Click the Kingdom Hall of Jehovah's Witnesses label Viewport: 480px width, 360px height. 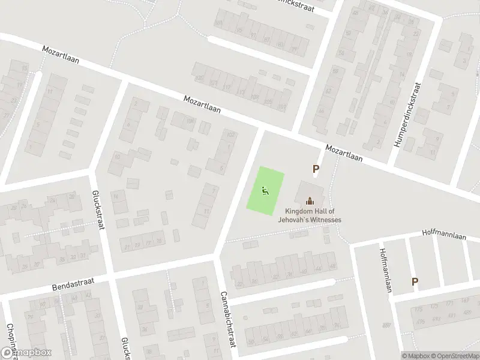pos(310,215)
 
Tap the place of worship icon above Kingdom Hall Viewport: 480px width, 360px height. pos(310,201)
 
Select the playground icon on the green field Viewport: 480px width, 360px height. pos(265,191)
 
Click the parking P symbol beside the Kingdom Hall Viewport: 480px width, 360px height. pos(315,170)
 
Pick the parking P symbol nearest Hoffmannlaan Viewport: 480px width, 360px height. pos(414,281)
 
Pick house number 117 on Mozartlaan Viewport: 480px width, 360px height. pos(227,87)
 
